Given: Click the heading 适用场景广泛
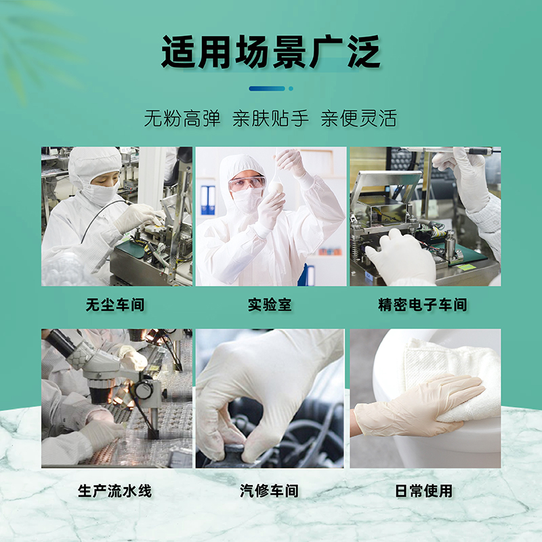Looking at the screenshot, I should [x=270, y=51].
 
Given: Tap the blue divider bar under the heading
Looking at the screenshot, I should [x=267, y=88].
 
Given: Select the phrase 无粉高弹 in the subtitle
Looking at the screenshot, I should [x=182, y=119].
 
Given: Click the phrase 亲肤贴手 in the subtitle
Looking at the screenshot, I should [x=270, y=119].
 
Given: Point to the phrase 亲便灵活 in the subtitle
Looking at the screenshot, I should [x=358, y=119].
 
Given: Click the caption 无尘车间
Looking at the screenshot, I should [x=116, y=305].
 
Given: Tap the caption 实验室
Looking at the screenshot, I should [x=270, y=305].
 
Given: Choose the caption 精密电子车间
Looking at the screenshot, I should [x=423, y=305].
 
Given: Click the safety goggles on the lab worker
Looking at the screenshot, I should [x=247, y=183].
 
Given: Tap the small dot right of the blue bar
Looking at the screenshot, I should [x=291, y=88].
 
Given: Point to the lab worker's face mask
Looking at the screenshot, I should [x=247, y=200].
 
